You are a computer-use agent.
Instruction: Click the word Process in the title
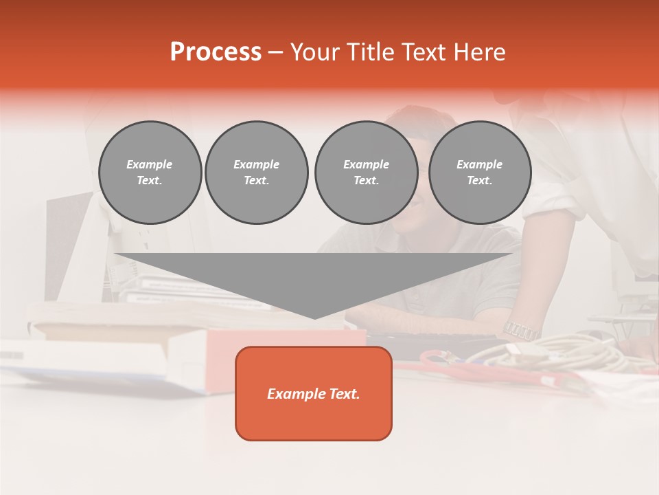point(216,52)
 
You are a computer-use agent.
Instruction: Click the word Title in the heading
point(367,52)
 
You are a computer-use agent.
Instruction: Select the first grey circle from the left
point(150,173)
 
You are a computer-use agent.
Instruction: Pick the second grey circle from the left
point(256,173)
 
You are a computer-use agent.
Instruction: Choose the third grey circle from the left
point(366,173)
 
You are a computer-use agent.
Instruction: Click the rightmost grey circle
point(479,173)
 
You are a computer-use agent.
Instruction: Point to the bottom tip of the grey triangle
point(314,318)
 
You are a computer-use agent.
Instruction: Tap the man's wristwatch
point(521,330)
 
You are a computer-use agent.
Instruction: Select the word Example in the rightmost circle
point(479,164)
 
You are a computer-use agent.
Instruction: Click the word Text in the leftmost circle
point(150,181)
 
